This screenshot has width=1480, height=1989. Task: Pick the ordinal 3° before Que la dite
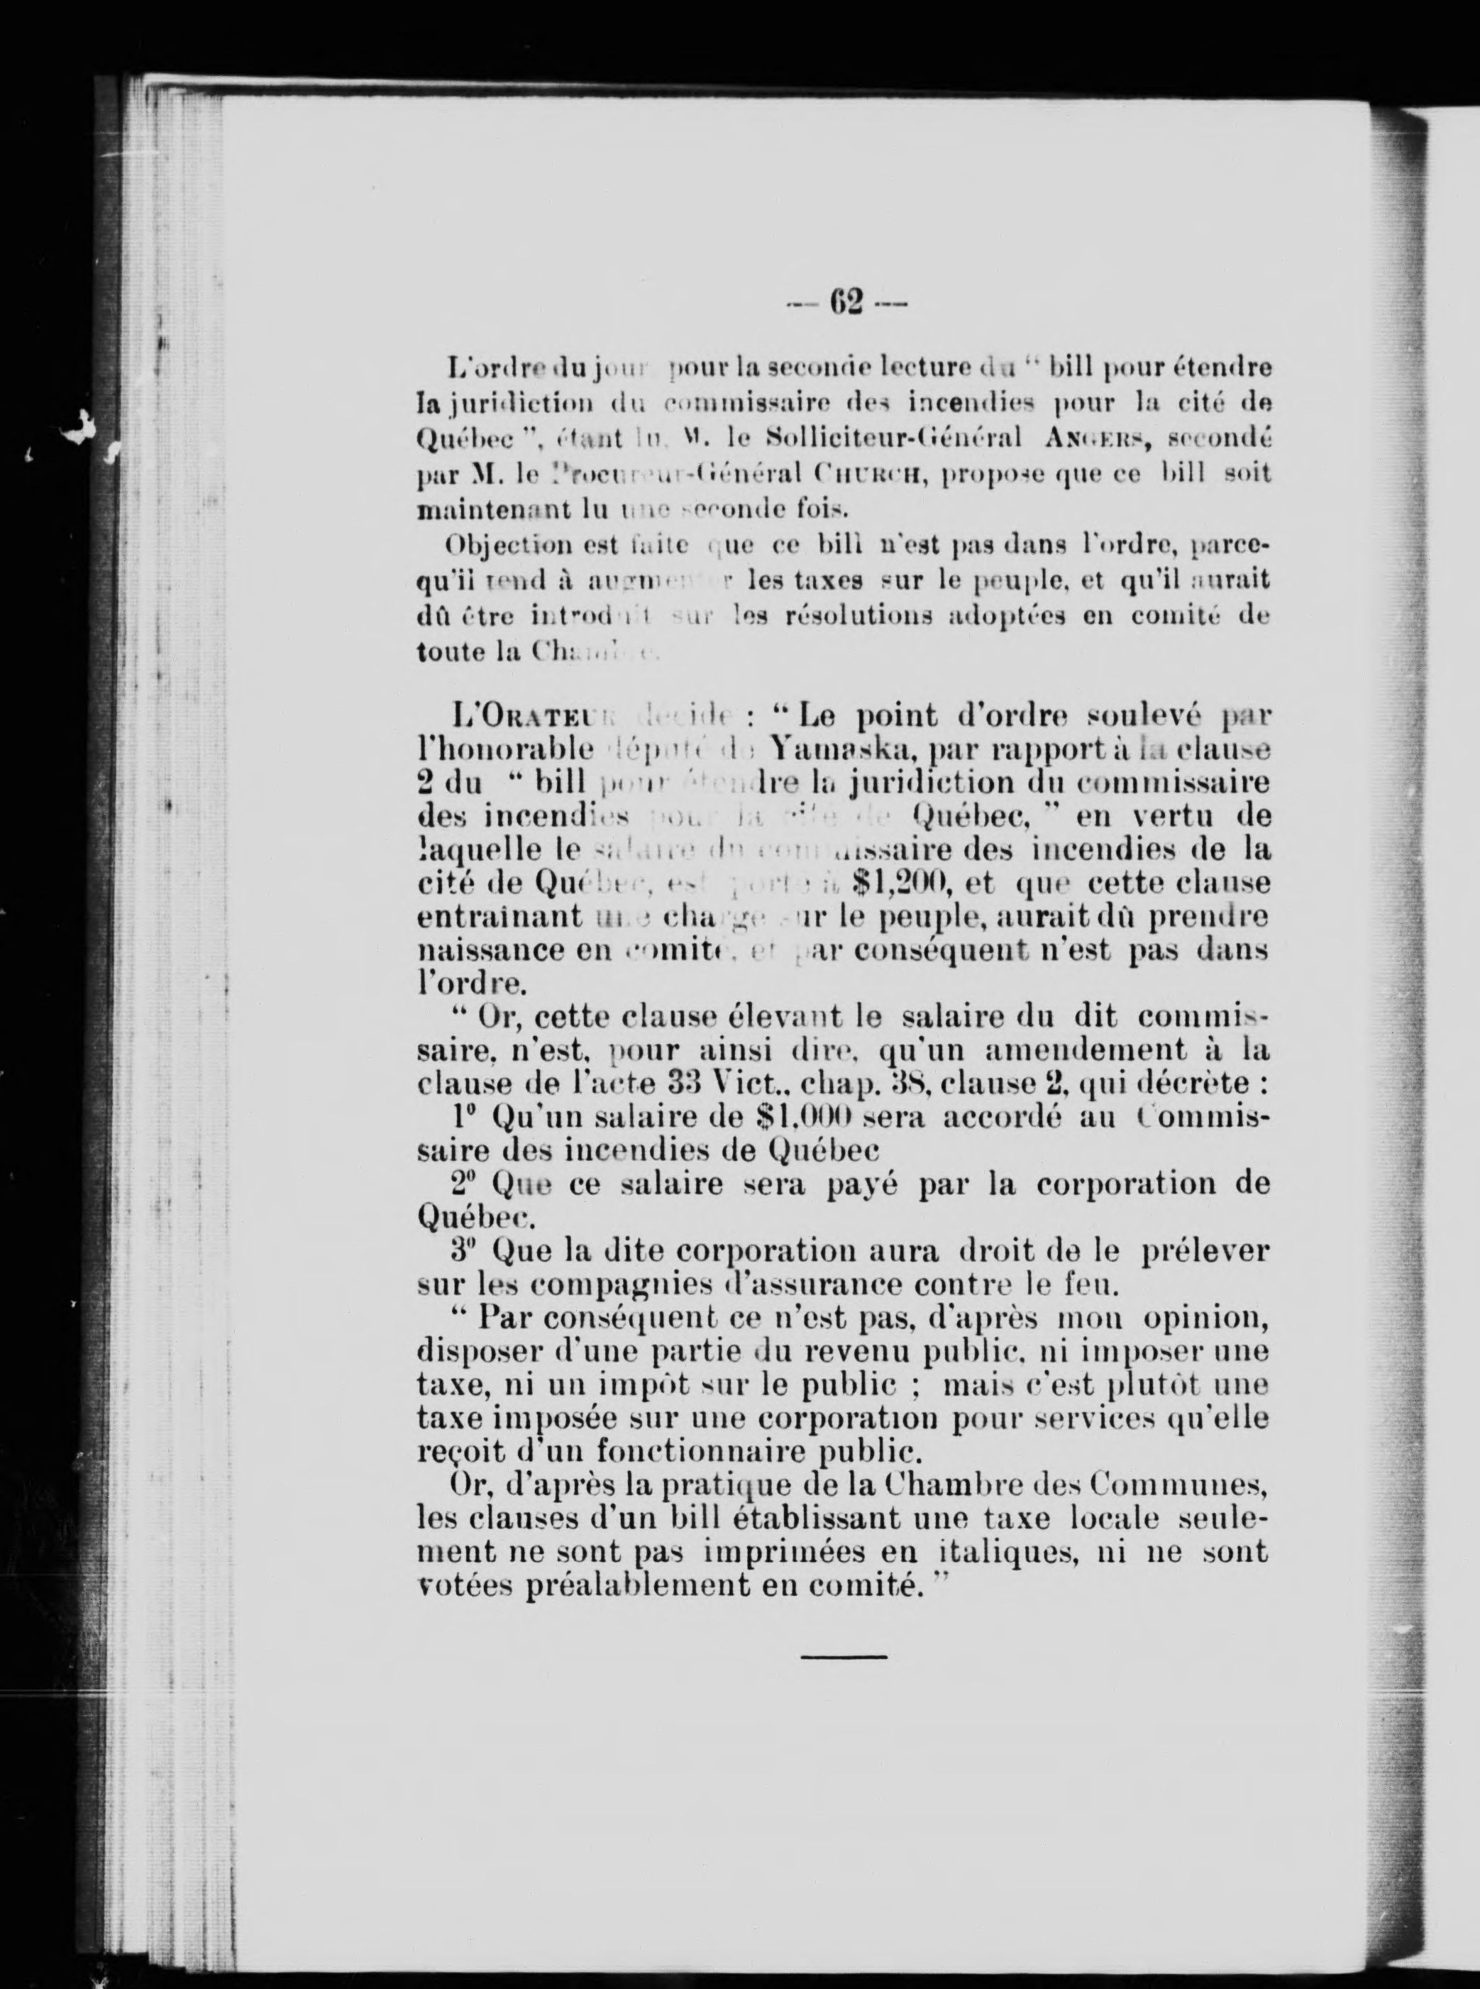click(x=464, y=1251)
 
